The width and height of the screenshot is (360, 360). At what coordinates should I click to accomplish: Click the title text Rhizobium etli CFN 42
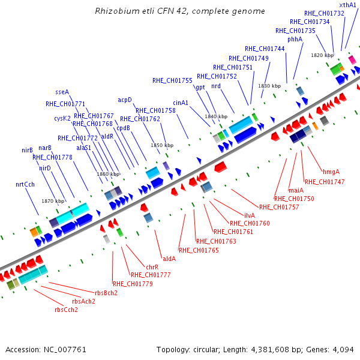point(142,11)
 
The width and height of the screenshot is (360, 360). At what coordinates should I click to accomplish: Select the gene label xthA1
point(347,5)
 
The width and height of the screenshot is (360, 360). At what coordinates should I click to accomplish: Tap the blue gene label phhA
point(295,39)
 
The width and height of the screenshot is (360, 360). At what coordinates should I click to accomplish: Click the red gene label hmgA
point(331,172)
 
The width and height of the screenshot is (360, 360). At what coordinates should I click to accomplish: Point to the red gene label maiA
point(296,190)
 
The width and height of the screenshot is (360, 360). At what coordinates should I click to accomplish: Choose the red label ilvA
point(250,215)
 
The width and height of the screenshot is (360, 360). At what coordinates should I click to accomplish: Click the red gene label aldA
point(169,259)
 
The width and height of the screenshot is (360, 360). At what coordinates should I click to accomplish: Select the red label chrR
point(152,267)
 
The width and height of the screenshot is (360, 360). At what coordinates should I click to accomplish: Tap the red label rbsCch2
point(66,310)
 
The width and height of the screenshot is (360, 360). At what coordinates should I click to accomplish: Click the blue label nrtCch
point(25,184)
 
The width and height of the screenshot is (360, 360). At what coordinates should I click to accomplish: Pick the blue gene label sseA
point(62,92)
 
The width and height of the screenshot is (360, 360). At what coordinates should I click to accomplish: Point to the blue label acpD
point(125,100)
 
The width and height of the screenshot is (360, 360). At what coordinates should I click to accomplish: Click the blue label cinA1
point(181,103)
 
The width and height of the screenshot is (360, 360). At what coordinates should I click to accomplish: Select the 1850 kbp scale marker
point(162,145)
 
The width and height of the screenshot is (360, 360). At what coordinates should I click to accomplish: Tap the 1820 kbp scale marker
point(322,55)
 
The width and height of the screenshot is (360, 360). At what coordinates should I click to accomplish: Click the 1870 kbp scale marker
point(53,201)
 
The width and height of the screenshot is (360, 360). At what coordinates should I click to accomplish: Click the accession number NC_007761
point(65,349)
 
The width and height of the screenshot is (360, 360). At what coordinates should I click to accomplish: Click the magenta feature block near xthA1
point(352,59)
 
